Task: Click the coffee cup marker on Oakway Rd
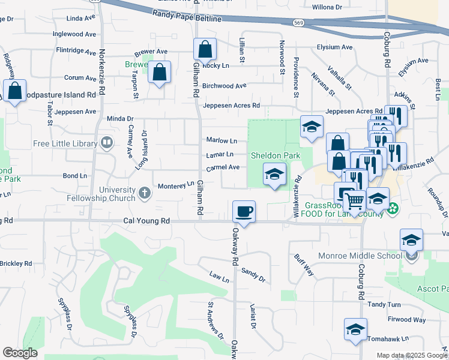pos(244,211)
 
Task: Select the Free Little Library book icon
pos(107,143)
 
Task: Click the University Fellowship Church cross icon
pos(144,193)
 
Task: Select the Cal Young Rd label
pos(146,221)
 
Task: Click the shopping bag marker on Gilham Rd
pos(205,50)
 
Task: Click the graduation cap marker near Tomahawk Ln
pos(355,330)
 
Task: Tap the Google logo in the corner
pos(20,353)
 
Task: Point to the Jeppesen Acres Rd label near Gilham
pos(231,106)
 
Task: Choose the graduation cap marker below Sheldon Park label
pos(274,174)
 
